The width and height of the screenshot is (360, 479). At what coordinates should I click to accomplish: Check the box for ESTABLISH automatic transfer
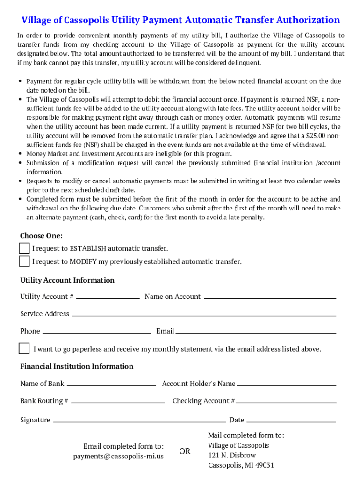24,248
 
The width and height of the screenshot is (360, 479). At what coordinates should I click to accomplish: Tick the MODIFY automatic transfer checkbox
24,261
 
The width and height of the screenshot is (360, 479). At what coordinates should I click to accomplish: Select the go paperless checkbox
24,348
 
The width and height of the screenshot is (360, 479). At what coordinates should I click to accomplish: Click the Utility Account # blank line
108,298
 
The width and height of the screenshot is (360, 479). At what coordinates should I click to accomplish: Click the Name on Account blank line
270,298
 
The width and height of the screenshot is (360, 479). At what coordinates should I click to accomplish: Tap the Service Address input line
204,315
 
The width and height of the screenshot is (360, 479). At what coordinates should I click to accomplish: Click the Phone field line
97,333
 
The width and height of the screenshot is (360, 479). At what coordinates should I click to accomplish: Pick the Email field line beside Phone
256,333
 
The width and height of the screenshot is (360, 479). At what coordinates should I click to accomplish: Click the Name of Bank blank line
111,385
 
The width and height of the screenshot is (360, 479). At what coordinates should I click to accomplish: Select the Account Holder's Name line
287,385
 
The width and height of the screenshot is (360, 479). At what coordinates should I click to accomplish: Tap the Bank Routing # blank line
118,402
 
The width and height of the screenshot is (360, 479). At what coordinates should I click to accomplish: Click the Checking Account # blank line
286,402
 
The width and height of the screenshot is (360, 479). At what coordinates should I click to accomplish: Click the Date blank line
291,421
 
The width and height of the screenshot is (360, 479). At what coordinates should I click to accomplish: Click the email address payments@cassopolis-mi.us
118,456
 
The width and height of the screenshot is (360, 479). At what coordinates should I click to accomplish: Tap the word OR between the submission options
185,451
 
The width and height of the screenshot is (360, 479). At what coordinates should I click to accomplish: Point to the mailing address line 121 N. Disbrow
232,455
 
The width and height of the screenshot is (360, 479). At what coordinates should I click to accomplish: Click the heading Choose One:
41,236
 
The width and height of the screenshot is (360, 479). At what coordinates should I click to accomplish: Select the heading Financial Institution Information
77,366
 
